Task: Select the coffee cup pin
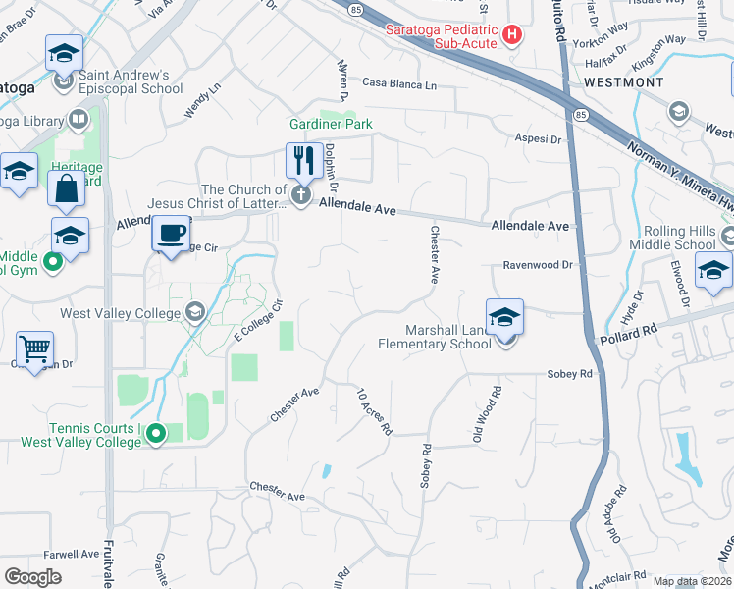[x=172, y=235]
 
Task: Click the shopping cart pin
[x=34, y=348]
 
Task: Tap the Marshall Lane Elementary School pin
[x=504, y=318]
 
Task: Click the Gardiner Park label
[x=330, y=125]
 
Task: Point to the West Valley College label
[x=120, y=313]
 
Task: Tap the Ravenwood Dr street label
[x=538, y=265]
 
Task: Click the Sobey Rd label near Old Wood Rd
[x=572, y=374]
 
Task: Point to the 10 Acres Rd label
[x=375, y=410]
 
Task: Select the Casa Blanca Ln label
[x=399, y=85]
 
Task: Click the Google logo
[x=33, y=576]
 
